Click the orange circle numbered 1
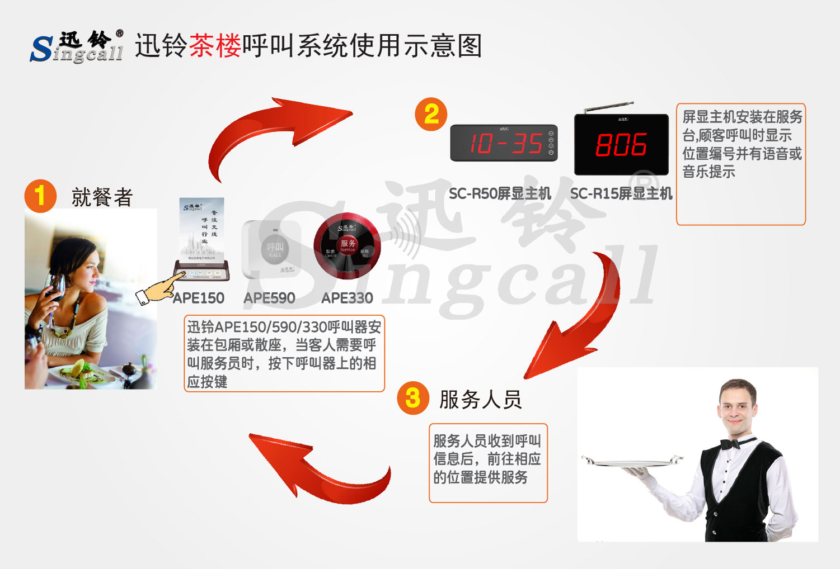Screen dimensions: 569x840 40,196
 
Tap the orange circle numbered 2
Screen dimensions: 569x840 431,115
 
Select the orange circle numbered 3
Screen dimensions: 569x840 413,398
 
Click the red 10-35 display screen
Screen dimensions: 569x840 504,143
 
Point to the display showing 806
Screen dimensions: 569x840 621,145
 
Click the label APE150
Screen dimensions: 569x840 199,298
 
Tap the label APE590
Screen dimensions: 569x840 269,298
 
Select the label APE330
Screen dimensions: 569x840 347,298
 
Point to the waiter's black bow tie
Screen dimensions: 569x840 730,444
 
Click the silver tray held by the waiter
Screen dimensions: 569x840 632,462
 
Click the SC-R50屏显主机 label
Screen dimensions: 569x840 500,194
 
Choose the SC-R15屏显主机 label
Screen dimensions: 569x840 621,194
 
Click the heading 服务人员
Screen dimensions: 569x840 480,400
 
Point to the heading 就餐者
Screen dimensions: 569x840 102,197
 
